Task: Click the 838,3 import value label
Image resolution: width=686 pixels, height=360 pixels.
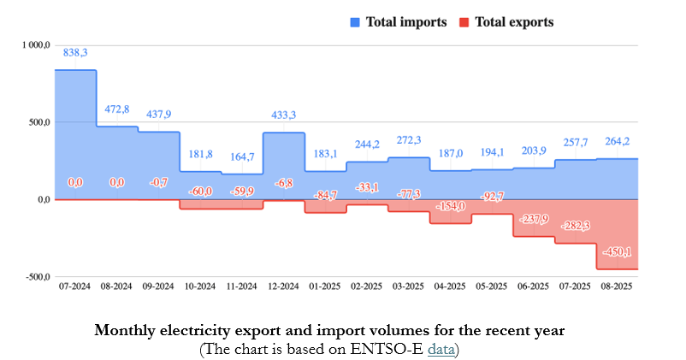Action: (75, 52)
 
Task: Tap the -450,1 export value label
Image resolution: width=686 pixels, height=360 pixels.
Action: (617, 251)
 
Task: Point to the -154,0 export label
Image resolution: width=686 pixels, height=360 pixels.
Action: (450, 206)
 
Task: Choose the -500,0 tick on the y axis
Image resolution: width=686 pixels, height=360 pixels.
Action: (33, 277)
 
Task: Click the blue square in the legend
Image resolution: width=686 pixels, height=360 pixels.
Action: (354, 22)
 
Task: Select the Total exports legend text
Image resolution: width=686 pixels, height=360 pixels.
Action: (513, 22)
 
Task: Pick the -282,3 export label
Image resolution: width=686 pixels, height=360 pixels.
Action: (575, 226)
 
